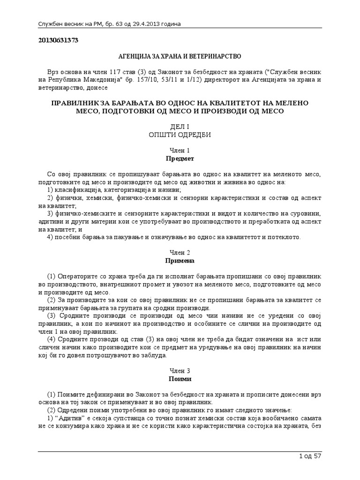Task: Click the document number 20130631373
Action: point(58,40)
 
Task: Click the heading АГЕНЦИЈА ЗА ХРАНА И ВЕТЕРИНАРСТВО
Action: point(180,56)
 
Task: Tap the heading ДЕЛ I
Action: point(180,127)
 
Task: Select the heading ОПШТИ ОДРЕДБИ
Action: point(180,135)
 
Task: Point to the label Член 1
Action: point(180,150)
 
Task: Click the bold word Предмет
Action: point(180,158)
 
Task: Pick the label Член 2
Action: point(180,252)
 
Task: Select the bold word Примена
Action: point(180,260)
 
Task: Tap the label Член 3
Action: point(180,370)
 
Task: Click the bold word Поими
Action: point(180,378)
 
